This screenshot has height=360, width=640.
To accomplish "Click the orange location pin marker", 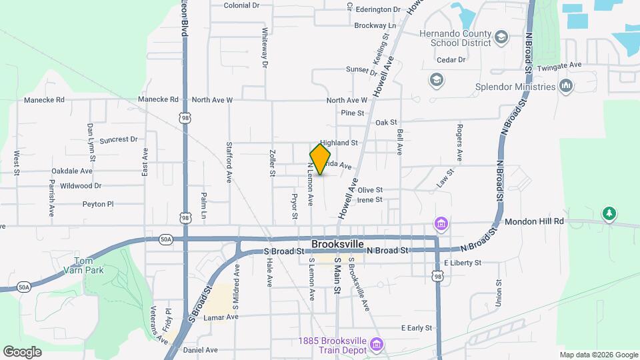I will (321, 159).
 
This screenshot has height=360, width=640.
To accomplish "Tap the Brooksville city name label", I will (341, 245).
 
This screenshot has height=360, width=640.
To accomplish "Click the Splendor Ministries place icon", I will (567, 86).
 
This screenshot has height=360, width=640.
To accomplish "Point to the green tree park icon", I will (608, 214).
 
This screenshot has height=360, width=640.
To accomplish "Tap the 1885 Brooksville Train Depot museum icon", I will (377, 344).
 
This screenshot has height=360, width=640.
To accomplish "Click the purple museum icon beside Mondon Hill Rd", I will (441, 223).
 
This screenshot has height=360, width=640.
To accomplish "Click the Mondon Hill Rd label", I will (534, 221).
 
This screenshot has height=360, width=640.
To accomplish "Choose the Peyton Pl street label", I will (99, 204).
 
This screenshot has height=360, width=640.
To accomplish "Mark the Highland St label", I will (339, 143).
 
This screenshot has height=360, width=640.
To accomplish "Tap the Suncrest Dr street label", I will (118, 140).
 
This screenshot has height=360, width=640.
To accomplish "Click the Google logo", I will (23, 351).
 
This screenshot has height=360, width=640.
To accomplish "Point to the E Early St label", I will (417, 328).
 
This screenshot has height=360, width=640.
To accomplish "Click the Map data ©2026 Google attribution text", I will (598, 355).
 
